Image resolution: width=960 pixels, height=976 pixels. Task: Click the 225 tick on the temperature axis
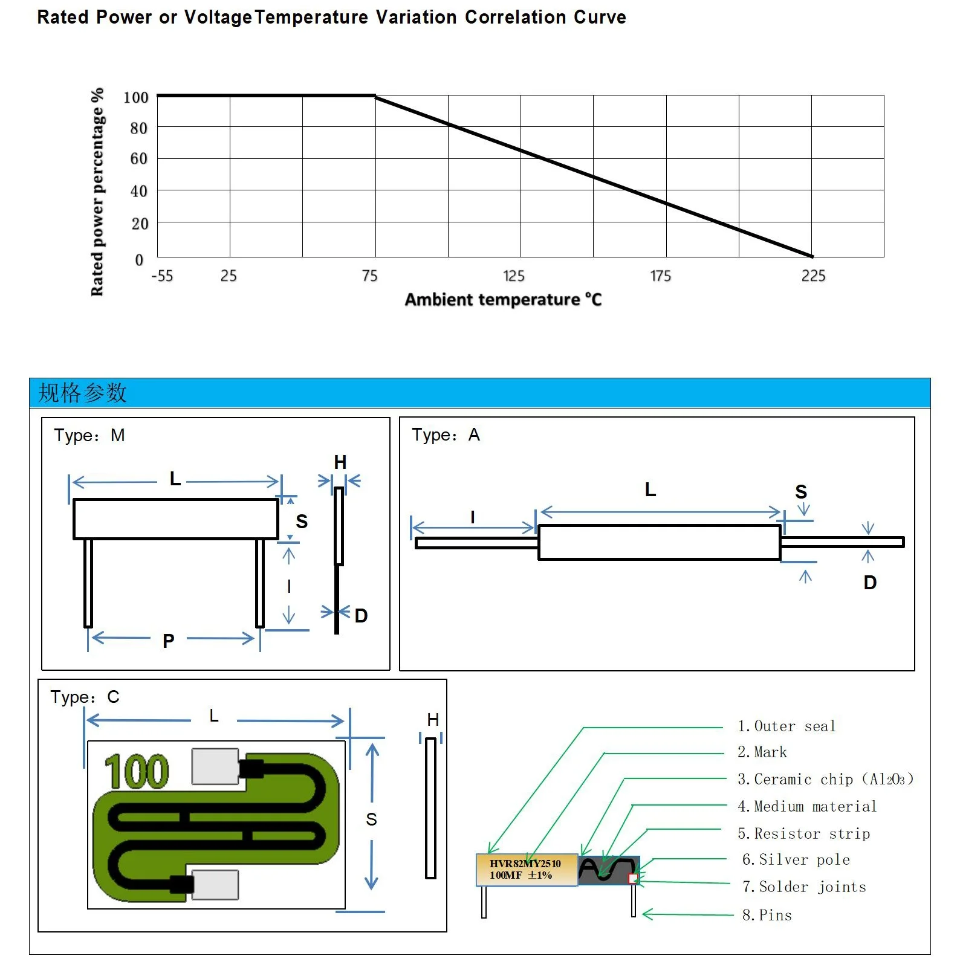(x=813, y=276)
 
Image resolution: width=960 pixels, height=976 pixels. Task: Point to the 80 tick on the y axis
(x=138, y=128)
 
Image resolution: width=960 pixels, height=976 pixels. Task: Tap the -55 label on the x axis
(x=162, y=276)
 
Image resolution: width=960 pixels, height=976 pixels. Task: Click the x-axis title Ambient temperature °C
(x=503, y=300)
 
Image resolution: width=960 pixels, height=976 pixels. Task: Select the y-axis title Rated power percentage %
(x=97, y=192)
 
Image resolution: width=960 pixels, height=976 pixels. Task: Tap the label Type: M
(x=89, y=435)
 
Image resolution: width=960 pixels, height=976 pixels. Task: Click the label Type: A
(x=446, y=435)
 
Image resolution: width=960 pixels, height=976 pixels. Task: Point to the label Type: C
(x=85, y=697)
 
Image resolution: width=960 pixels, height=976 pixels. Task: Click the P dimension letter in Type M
(x=169, y=641)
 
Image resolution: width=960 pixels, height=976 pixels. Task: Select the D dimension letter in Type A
(x=870, y=583)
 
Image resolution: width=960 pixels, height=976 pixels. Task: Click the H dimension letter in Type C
(x=433, y=719)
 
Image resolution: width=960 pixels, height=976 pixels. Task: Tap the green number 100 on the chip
(x=137, y=772)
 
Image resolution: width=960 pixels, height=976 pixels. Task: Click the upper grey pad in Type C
(x=215, y=766)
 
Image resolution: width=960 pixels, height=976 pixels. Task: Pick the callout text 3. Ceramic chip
(x=825, y=779)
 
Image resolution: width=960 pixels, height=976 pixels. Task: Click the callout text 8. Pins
(x=767, y=915)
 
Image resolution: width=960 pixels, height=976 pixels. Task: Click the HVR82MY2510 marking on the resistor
(x=525, y=864)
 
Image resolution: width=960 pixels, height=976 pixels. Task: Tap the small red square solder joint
(x=633, y=878)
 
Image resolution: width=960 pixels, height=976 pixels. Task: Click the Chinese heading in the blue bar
(x=82, y=393)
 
